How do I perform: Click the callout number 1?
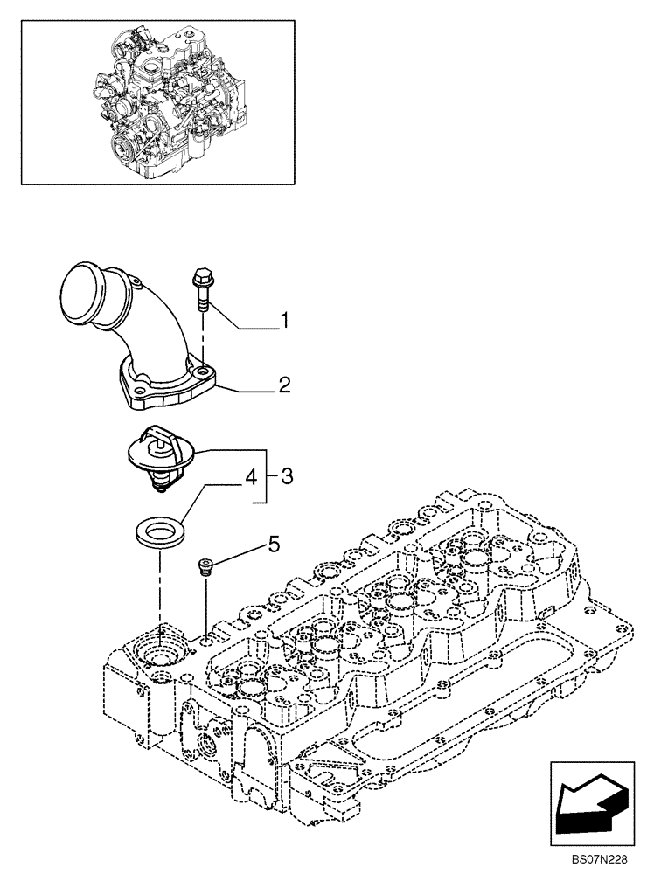coord(283,323)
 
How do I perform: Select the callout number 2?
coord(283,383)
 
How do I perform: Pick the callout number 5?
coord(274,545)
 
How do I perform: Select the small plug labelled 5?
coord(206,567)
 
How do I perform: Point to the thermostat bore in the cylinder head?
coord(163,656)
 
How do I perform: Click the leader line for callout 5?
coord(240,554)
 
